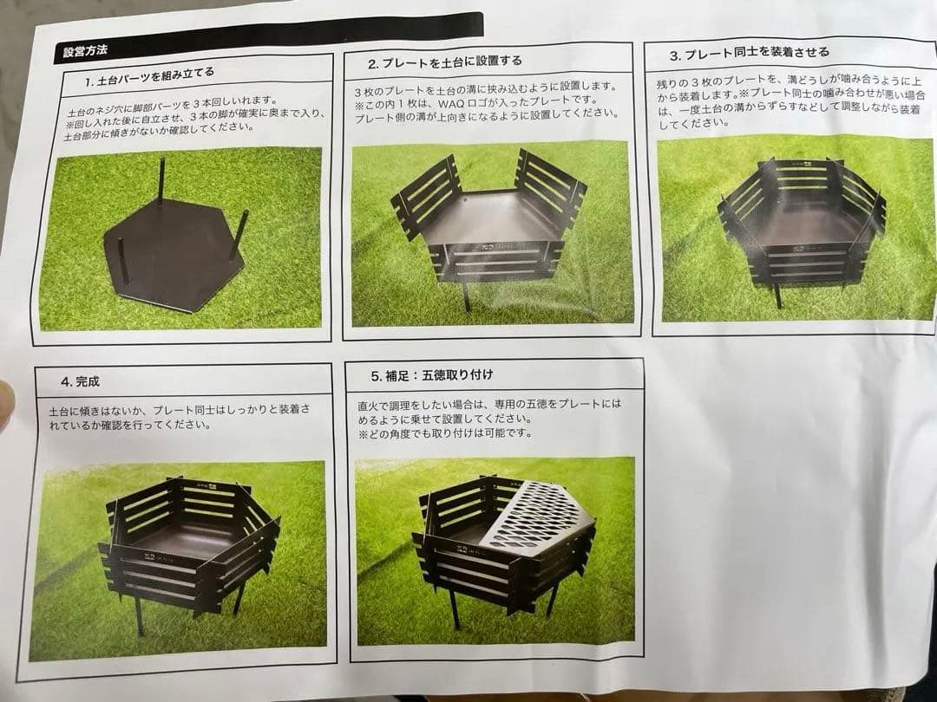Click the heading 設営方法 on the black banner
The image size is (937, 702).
[85, 51]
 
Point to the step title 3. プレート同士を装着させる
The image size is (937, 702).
[749, 54]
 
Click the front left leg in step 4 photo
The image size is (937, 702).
[139, 615]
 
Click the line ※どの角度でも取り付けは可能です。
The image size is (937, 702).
[444, 432]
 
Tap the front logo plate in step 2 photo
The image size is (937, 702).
[494, 261]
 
